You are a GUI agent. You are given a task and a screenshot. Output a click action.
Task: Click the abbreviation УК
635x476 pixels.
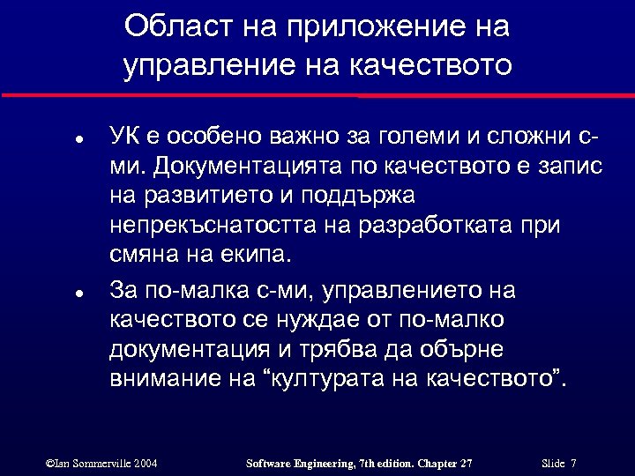(124, 138)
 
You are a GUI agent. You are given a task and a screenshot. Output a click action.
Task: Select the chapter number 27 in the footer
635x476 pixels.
(464, 463)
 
